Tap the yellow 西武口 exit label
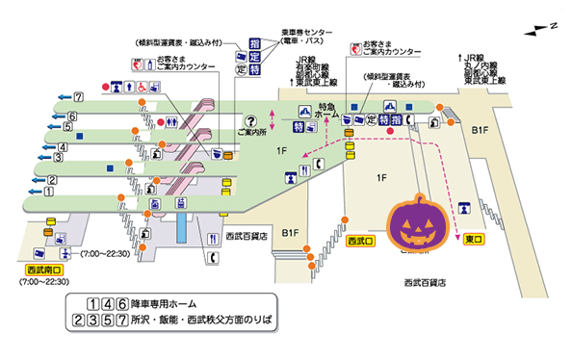pyautogui.click(x=361, y=239)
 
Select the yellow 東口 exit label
pyautogui.click(x=476, y=239)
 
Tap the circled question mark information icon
pyautogui.click(x=251, y=121)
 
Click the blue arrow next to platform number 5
pyautogui.click(x=51, y=126)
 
